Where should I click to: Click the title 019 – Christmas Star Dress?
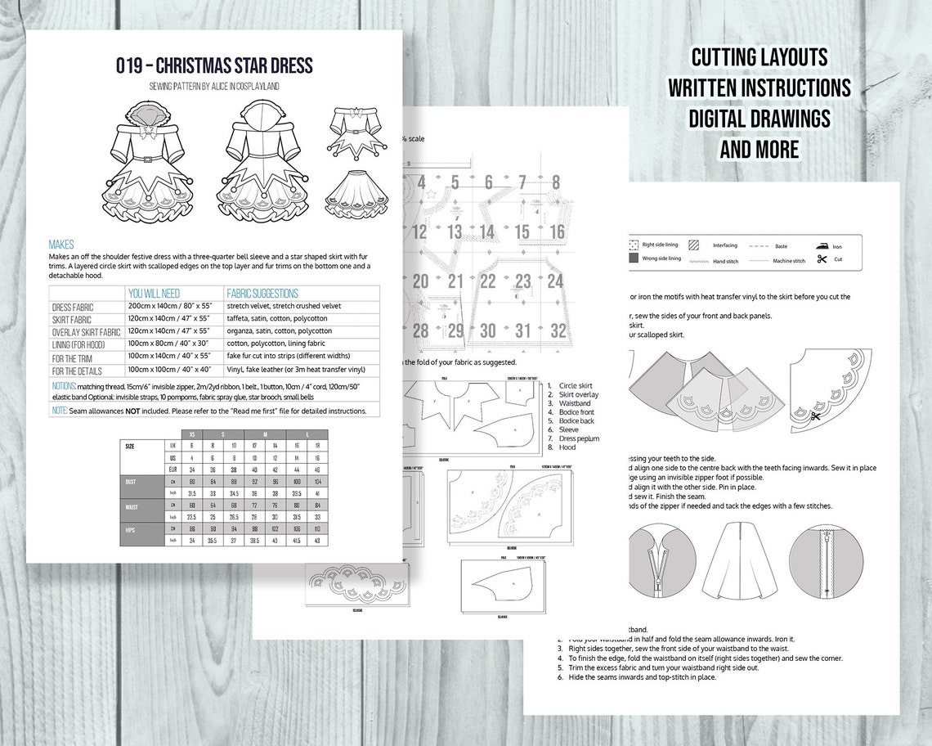click(x=214, y=65)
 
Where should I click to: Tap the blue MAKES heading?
click(x=61, y=245)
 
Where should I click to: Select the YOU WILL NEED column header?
click(x=154, y=294)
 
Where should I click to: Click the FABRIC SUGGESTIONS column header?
click(x=262, y=294)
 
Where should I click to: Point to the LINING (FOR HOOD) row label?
click(x=84, y=345)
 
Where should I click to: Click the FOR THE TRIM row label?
click(x=75, y=358)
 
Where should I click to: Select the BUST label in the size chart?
click(x=131, y=482)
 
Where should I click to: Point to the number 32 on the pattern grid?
click(x=558, y=330)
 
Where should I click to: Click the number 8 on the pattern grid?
click(x=556, y=182)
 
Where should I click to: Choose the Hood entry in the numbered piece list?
click(x=567, y=447)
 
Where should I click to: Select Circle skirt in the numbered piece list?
click(x=576, y=385)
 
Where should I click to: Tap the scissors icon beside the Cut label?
click(x=822, y=259)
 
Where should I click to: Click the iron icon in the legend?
click(x=821, y=245)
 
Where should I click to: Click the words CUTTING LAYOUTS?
click(x=759, y=57)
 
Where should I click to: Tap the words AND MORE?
click(x=759, y=149)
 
